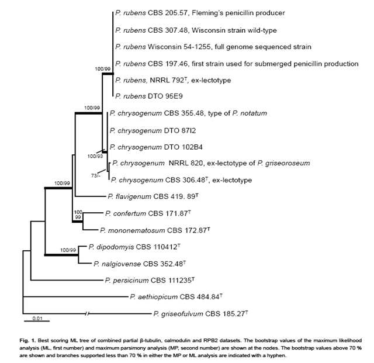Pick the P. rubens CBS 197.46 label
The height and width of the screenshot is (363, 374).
[x=237, y=63]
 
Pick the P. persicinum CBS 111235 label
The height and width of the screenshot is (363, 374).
[x=148, y=281]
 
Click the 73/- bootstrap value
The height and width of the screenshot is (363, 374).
[x=97, y=175]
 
